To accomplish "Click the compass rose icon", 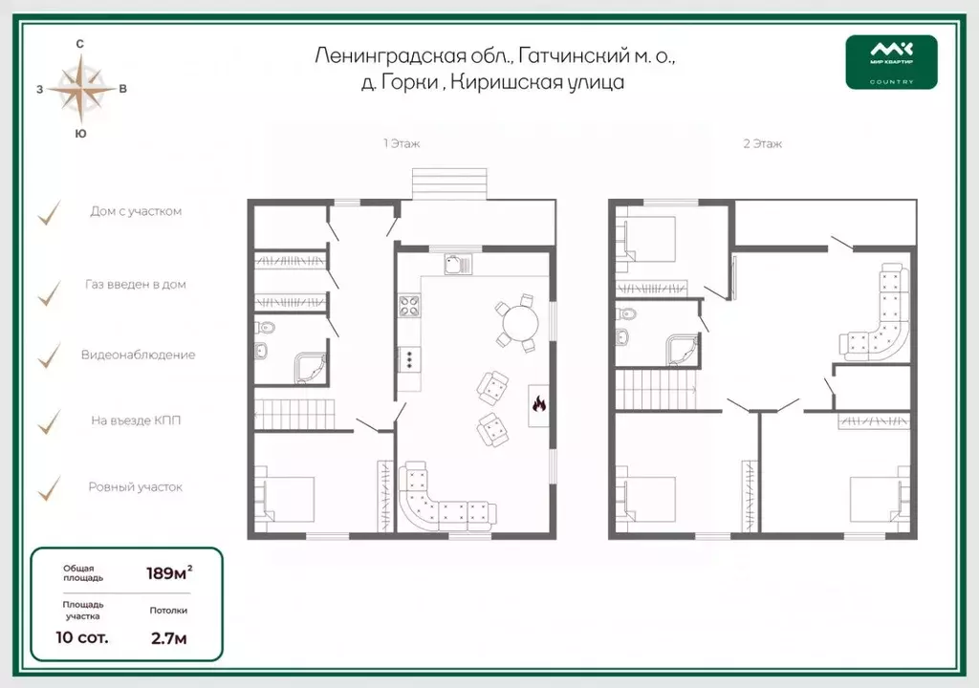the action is tap(81, 89).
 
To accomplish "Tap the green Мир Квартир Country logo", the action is tap(891, 62).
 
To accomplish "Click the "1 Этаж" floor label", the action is tap(402, 143).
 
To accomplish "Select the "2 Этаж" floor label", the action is tap(762, 143).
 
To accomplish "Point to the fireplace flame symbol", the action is tap(539, 404).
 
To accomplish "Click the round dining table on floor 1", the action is tap(521, 323).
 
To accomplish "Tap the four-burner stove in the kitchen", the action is tap(409, 306).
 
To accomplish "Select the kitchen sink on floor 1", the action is tap(458, 264).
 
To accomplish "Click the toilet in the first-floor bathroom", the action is tap(267, 327).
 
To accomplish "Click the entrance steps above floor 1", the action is tap(449, 184).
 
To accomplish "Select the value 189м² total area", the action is tap(169, 572).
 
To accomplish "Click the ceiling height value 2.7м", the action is tap(168, 638).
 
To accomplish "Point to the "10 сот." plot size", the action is tap(82, 637).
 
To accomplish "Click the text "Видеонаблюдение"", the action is tap(138, 355).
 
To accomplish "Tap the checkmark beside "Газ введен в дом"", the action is tap(50, 292).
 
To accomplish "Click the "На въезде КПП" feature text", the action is tap(136, 420).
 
